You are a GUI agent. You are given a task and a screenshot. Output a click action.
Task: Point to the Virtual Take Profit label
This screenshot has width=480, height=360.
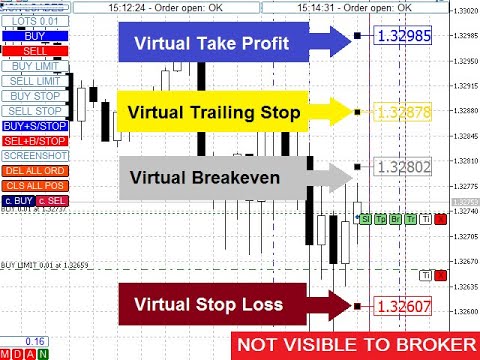[x=216, y=42]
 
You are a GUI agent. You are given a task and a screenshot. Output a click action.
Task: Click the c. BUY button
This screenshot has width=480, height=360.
[x=16, y=200]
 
